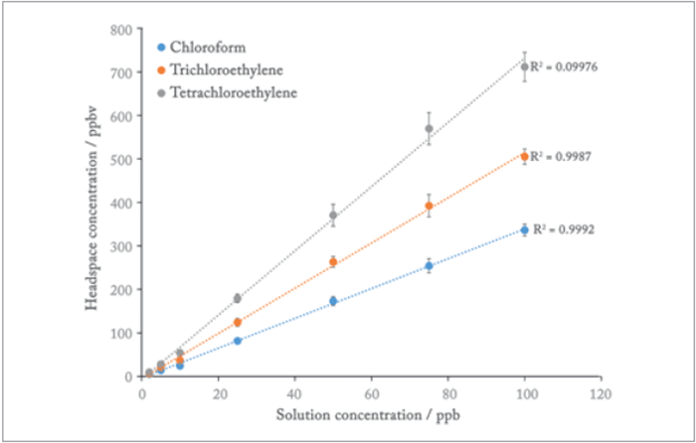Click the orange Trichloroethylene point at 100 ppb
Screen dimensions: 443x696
coord(524,156)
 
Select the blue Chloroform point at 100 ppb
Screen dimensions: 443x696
coord(524,229)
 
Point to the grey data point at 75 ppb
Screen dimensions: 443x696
coord(429,128)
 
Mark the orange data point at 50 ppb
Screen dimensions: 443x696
coord(333,262)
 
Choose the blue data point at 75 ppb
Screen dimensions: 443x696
coord(429,266)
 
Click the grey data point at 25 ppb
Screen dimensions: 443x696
coord(238,298)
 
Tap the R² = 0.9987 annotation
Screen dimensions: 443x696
coord(562,156)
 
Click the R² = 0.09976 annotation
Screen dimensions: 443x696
coord(565,67)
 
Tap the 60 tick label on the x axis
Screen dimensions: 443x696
coord(371,394)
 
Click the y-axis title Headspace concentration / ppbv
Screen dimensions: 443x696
coord(91,203)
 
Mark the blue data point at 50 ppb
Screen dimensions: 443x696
coord(333,301)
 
